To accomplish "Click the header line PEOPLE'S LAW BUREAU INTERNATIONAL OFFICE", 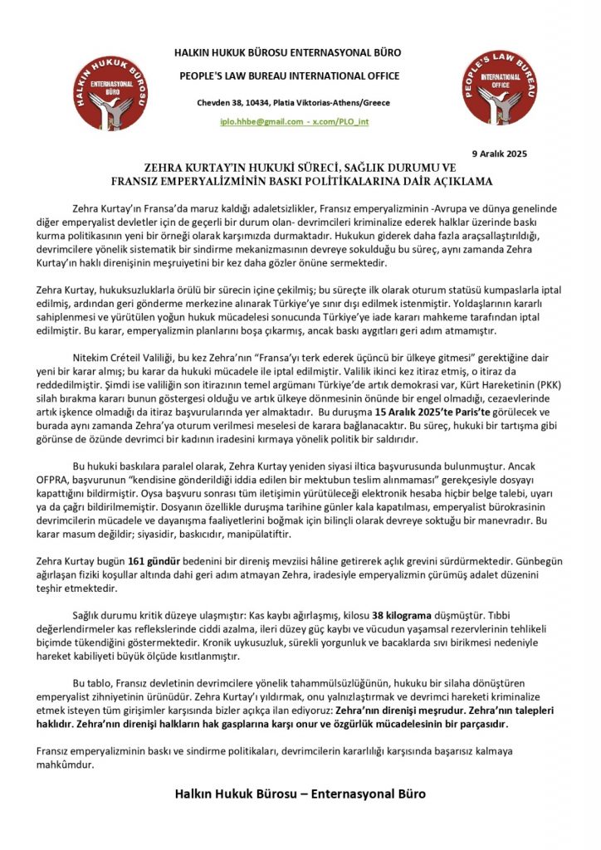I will point(298,76).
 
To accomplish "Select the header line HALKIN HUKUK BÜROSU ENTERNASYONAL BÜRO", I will point(298,52).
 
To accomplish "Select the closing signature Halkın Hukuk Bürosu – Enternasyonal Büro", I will point(300,794).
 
